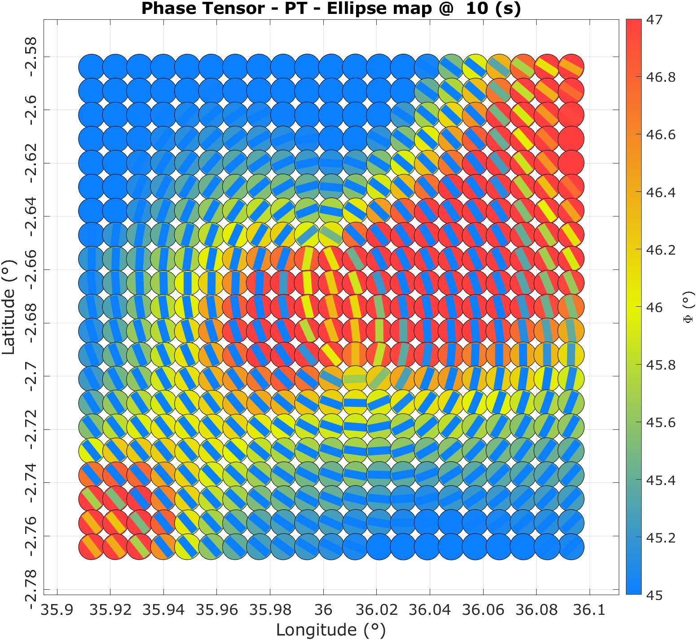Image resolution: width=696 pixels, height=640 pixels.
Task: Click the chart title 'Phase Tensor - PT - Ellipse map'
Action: [331, 9]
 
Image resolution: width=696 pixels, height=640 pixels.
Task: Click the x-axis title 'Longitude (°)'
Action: [331, 630]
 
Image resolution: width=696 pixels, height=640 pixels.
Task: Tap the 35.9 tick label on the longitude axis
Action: [57, 609]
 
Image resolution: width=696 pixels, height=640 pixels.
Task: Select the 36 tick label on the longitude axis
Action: [323, 609]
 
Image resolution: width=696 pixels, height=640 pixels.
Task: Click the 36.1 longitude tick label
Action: [590, 609]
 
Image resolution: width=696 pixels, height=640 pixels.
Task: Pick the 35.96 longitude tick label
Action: [217, 609]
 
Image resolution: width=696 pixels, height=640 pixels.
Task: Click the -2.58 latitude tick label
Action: [31, 57]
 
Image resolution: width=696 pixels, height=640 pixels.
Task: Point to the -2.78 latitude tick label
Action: [31, 589]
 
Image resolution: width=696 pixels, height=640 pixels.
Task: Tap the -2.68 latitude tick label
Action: [31, 323]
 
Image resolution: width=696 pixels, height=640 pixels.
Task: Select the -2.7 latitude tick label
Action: [31, 376]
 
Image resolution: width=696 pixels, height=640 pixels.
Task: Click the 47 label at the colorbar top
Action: [654, 20]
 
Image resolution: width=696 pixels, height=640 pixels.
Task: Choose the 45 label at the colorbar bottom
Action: [654, 596]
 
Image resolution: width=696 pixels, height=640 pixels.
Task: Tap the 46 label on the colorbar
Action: [654, 308]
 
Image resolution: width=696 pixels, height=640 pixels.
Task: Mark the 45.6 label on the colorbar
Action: [661, 423]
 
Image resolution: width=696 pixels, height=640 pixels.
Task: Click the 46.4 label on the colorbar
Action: [661, 193]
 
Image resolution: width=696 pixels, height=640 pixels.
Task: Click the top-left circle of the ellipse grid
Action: [92, 66]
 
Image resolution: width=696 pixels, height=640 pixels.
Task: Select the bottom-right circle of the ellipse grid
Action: [571, 547]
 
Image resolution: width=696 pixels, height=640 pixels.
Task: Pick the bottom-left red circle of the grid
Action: [92, 547]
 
